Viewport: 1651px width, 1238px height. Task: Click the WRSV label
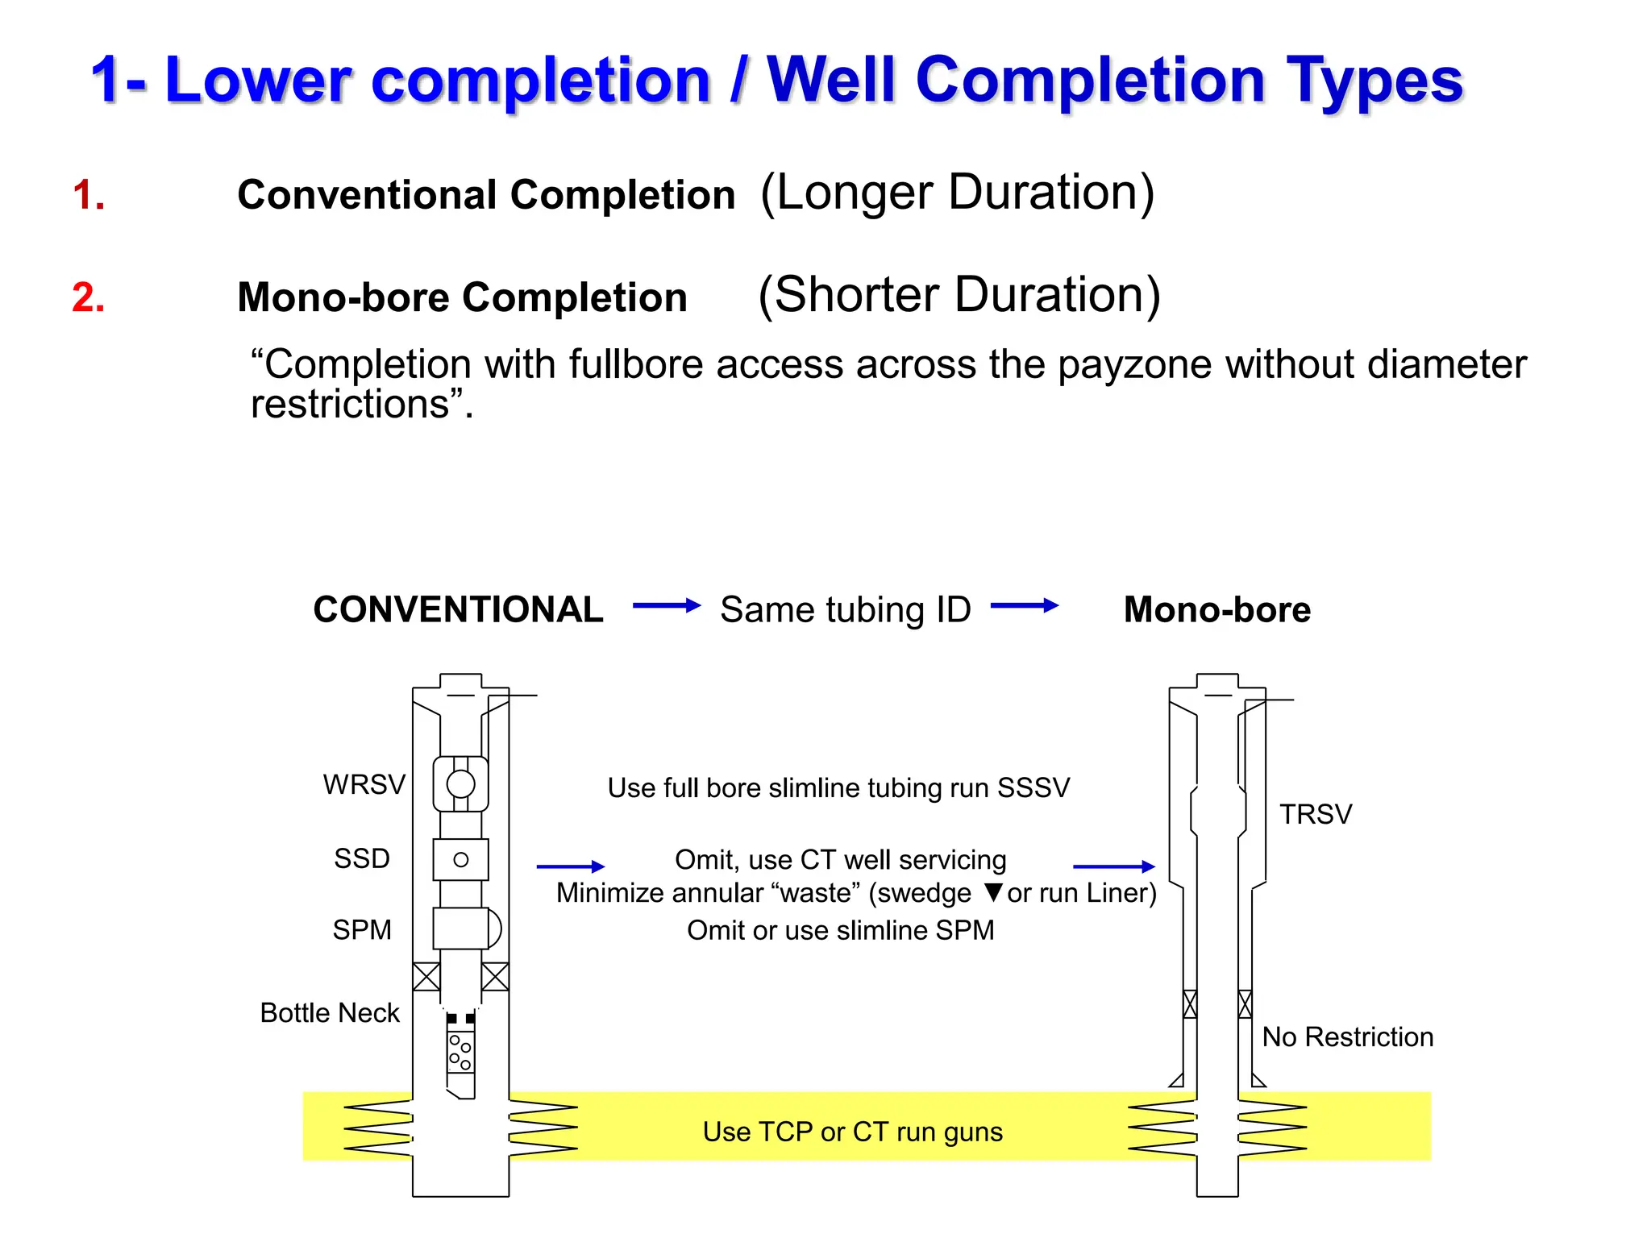364,784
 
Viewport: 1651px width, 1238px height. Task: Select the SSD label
362,858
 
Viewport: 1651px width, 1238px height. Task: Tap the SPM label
362,929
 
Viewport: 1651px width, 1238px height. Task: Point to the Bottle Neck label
330,1012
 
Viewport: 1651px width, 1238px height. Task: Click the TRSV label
1316,814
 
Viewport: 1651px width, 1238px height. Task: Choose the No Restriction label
1347,1037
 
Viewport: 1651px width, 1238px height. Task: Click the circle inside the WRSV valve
461,783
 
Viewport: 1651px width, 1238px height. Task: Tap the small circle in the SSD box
461,859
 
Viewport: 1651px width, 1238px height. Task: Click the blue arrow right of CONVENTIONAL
666,605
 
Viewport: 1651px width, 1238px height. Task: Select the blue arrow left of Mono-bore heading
1024,605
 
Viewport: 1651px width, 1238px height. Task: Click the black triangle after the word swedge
993,892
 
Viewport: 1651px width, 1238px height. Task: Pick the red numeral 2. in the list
88,297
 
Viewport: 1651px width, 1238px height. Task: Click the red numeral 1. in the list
88,195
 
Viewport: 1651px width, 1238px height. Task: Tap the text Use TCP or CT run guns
852,1132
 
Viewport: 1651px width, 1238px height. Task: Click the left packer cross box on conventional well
426,976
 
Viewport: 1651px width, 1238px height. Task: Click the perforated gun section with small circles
460,1051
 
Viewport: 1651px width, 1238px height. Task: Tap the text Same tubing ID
845,609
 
